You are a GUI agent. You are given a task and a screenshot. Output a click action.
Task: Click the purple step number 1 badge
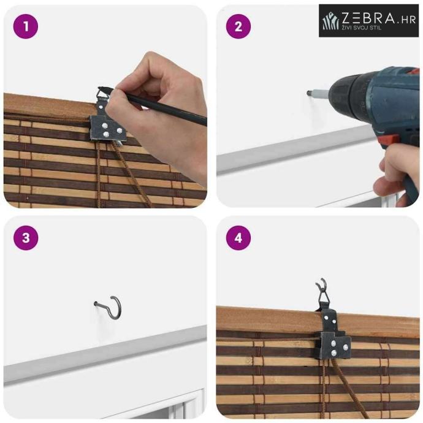pos(26,26)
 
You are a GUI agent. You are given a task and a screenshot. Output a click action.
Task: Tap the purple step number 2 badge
pos(238,26)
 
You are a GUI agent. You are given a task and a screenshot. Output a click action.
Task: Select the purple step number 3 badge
pos(26,238)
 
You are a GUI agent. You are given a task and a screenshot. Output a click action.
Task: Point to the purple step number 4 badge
pos(238,238)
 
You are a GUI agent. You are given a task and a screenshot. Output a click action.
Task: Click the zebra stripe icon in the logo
pos(331,21)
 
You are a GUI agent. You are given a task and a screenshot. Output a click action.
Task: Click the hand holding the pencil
pos(159,113)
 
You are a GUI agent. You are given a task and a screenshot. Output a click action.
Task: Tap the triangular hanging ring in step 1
pos(103,94)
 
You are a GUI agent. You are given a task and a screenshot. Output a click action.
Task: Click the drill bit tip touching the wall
pos(308,93)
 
